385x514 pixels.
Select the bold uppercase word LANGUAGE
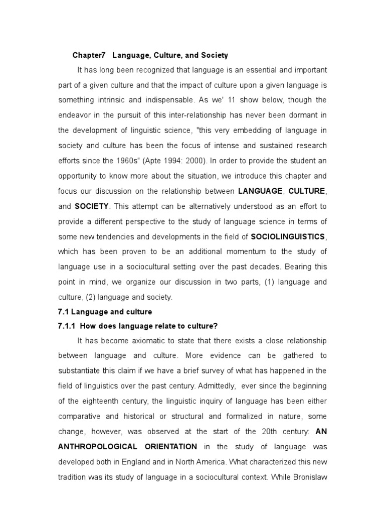[x=261, y=191]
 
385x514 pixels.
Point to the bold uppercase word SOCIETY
[x=92, y=206]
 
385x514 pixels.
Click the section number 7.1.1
[x=67, y=326]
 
